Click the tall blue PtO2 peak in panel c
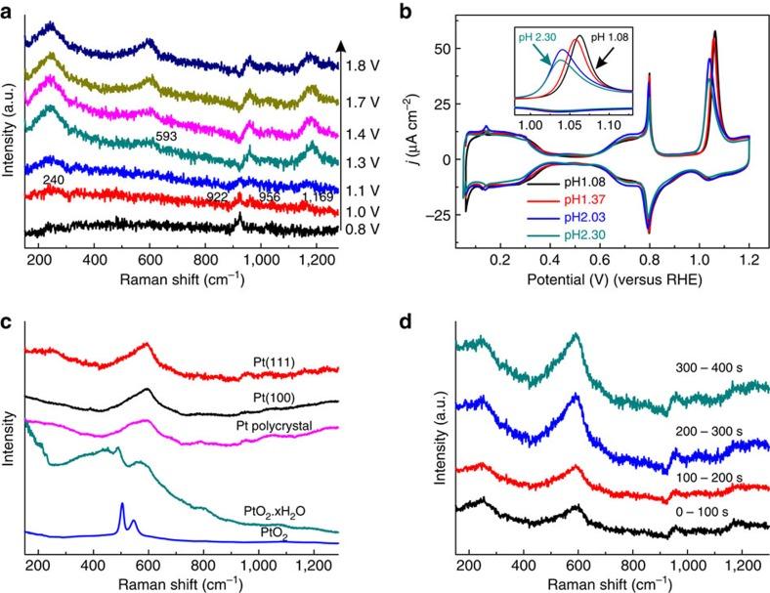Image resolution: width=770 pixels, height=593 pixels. (x=121, y=508)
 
